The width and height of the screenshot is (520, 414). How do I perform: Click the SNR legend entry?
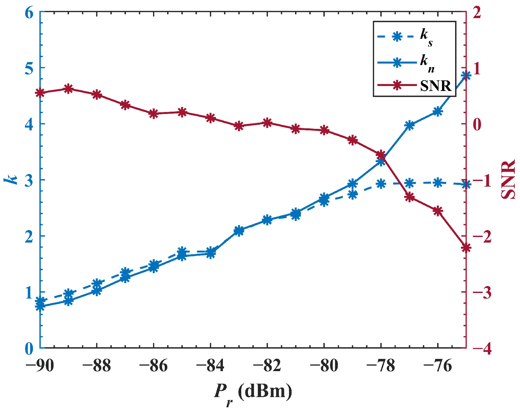[x=415, y=85]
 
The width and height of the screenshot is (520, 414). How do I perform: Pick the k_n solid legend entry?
[x=406, y=62]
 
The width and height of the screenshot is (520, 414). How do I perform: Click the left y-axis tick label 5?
[x=29, y=68]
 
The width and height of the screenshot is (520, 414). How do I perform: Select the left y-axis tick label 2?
[x=29, y=236]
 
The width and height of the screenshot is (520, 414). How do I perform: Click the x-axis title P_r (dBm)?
[x=253, y=392]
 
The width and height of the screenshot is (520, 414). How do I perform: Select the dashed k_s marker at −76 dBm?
[x=438, y=183]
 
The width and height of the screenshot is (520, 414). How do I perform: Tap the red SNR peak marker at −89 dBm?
[x=68, y=89]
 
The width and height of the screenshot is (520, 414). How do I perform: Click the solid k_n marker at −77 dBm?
[x=409, y=126]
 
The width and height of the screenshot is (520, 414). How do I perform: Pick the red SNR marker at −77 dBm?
[x=409, y=197]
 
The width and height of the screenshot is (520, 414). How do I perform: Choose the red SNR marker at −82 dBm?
[x=267, y=123]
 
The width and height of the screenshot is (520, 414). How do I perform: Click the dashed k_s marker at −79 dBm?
[x=352, y=194]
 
